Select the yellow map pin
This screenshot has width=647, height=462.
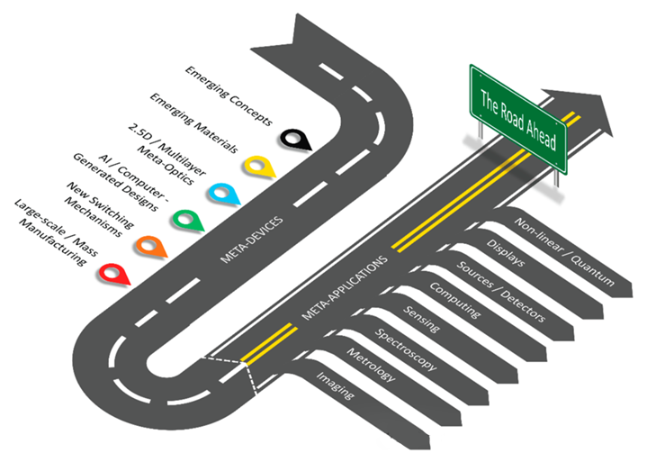[x=257, y=166]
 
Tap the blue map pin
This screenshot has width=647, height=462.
[x=220, y=192]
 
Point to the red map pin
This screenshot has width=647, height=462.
[x=112, y=271]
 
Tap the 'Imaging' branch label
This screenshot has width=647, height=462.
[x=335, y=385]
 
